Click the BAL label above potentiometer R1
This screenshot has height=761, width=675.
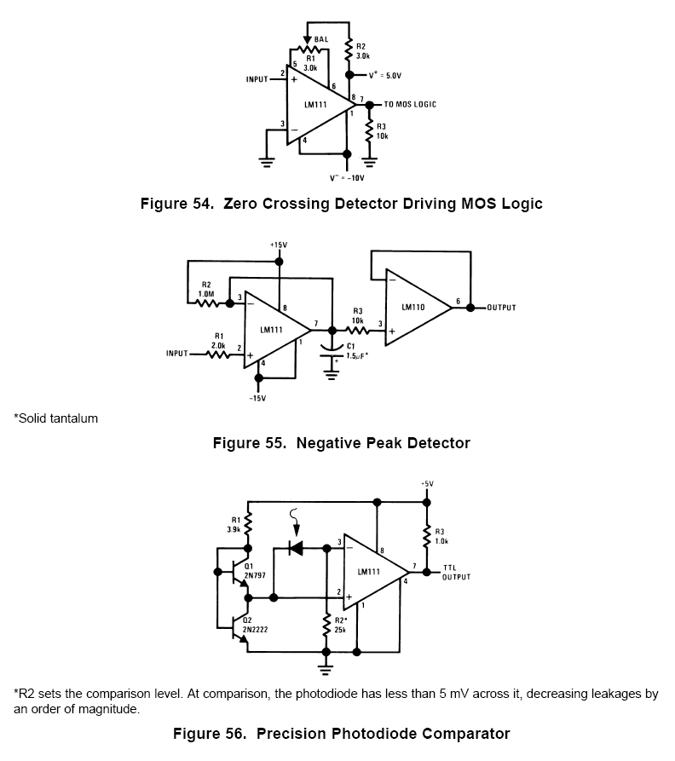pos(321,39)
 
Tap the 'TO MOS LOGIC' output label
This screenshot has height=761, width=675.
pos(410,104)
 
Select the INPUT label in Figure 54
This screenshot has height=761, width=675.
pos(257,79)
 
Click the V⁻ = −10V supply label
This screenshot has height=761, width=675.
pos(347,178)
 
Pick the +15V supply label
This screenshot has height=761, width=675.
pos(279,245)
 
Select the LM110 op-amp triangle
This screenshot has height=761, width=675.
pos(415,308)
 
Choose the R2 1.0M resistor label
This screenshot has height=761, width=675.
pos(206,288)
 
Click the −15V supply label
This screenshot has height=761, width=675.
pos(257,398)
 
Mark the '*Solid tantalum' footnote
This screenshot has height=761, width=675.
pos(55,418)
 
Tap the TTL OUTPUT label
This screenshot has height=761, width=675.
pos(456,572)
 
